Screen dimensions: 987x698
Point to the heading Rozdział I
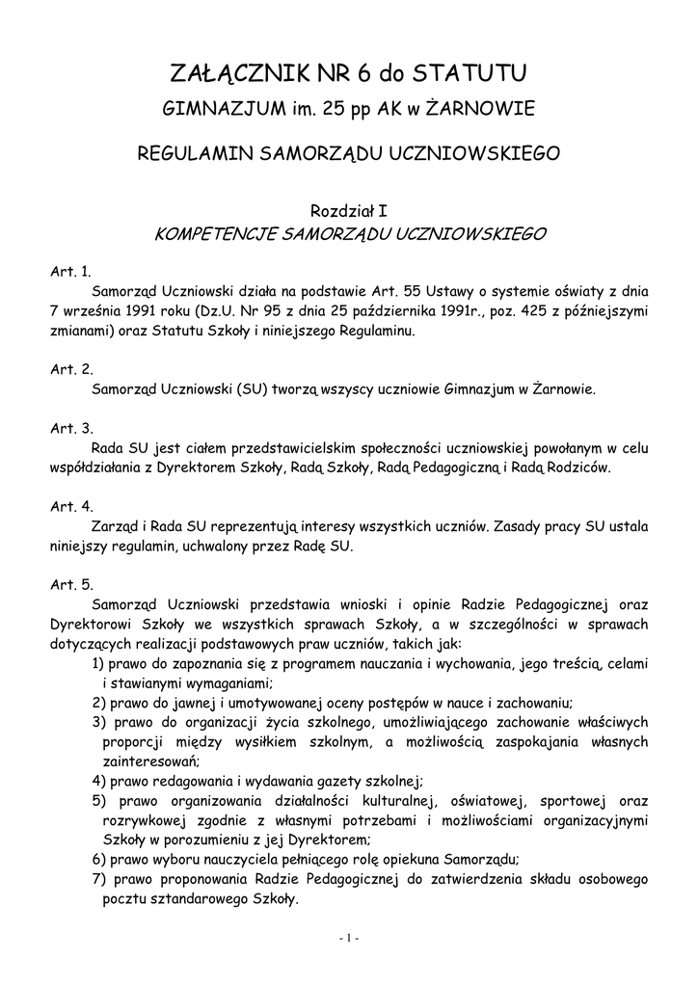point(348,209)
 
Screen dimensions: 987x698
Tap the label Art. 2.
point(70,369)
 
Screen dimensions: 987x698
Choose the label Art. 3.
point(70,428)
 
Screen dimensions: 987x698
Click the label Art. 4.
point(70,506)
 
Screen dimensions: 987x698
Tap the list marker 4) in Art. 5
point(98,781)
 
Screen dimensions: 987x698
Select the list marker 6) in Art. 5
point(98,860)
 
